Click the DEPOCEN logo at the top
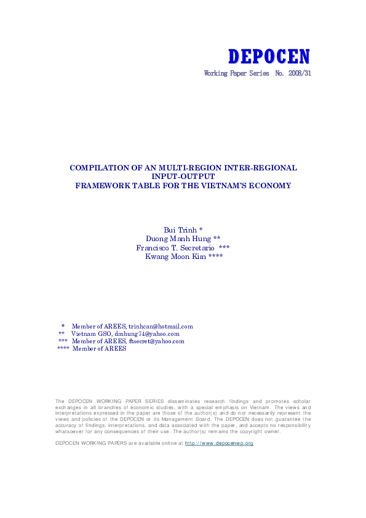point(269,57)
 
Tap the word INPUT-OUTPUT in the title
point(183,176)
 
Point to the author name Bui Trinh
point(178,229)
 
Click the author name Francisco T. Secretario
point(175,247)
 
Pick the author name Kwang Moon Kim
point(175,256)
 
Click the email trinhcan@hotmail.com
point(161,327)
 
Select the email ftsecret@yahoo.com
point(156,341)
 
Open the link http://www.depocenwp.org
point(219,443)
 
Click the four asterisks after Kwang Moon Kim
point(215,256)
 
